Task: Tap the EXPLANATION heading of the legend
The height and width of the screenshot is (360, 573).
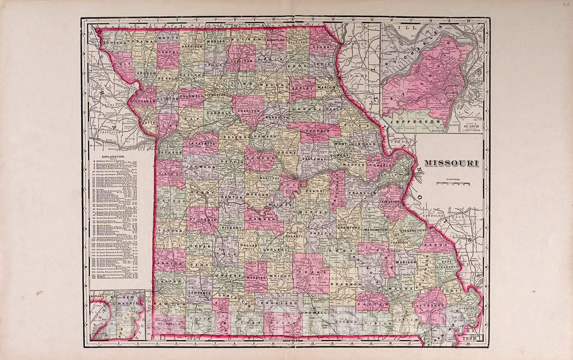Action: [x=113, y=157]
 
